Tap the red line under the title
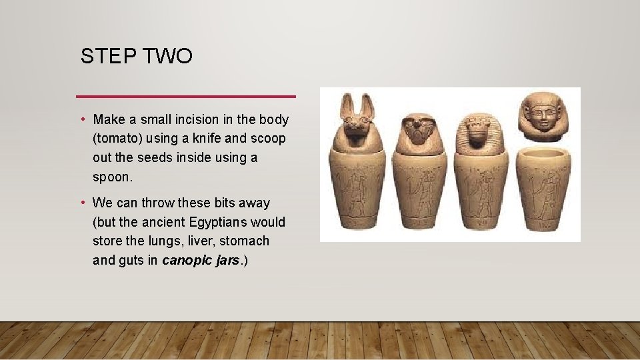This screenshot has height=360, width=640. click(x=186, y=97)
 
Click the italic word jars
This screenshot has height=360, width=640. click(x=227, y=260)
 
